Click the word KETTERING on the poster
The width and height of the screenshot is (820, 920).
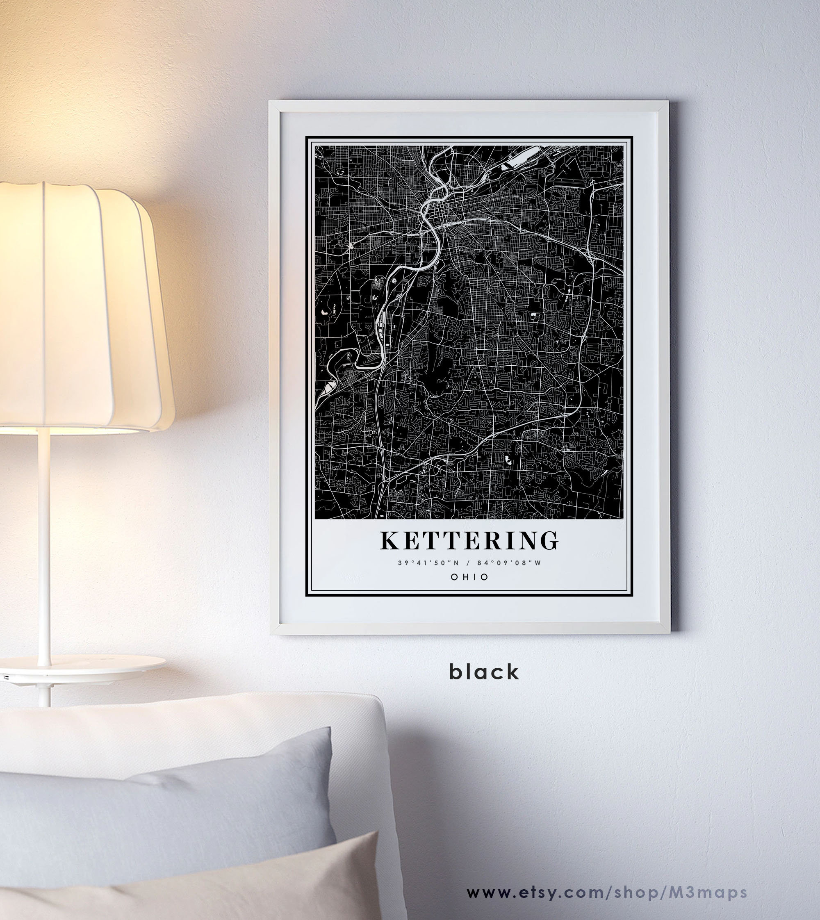(469, 541)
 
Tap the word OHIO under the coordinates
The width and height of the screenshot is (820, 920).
(469, 577)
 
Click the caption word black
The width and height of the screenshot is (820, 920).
(484, 672)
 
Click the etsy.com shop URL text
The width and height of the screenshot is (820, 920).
(606, 892)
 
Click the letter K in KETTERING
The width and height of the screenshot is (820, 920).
(390, 541)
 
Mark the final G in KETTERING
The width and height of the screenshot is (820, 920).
(549, 541)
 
